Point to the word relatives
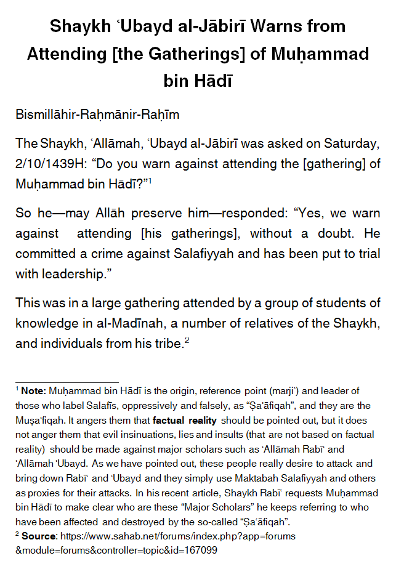(x=281, y=325)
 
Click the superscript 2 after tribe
(x=187, y=341)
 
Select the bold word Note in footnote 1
(x=33, y=391)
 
